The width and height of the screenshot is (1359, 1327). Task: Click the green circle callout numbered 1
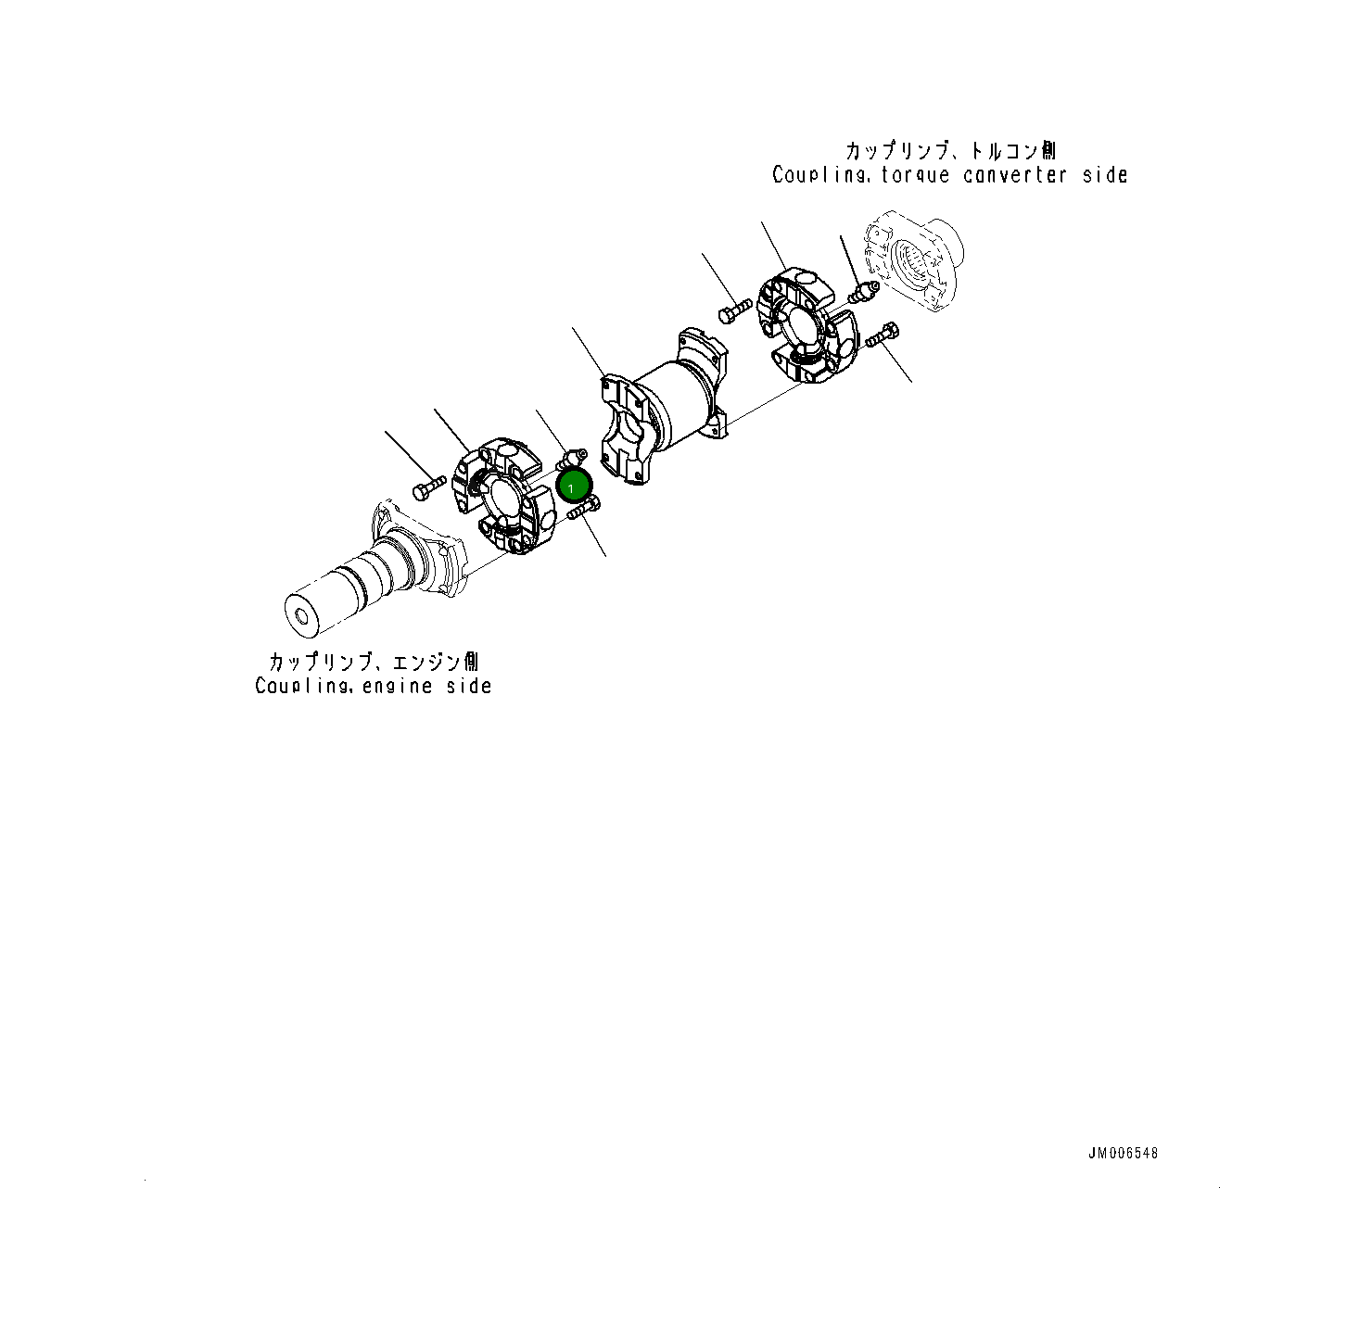[573, 487]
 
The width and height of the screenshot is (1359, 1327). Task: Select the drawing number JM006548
[1123, 1153]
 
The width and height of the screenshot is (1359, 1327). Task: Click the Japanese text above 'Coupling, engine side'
[374, 661]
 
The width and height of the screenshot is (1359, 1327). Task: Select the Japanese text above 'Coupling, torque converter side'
[950, 151]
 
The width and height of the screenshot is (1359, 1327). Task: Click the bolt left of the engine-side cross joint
[429, 487]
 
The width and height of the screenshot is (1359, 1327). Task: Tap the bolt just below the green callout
[584, 508]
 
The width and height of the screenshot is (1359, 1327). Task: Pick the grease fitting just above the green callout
[572, 460]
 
